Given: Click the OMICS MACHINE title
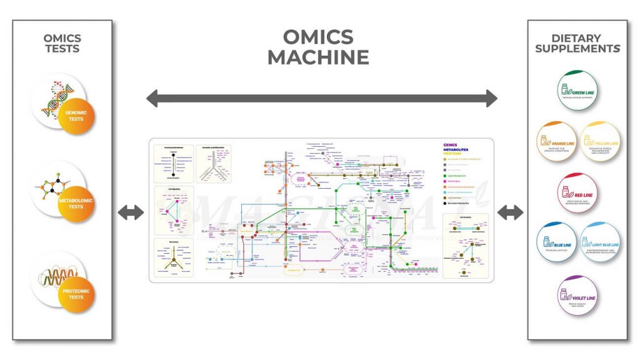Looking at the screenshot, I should click(318, 47).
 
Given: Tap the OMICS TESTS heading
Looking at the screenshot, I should click(62, 43).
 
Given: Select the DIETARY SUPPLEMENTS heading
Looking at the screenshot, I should click(577, 43).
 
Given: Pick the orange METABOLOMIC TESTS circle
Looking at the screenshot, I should click(76, 202).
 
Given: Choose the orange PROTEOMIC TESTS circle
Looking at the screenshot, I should click(76, 294).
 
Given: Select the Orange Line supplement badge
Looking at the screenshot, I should click(556, 142).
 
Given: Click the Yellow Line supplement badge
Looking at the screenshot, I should click(599, 142).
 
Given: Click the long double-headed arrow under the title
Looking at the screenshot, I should click(321, 98).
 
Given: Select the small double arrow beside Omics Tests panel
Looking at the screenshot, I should click(130, 212).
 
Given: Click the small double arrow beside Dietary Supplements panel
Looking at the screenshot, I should click(510, 212).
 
